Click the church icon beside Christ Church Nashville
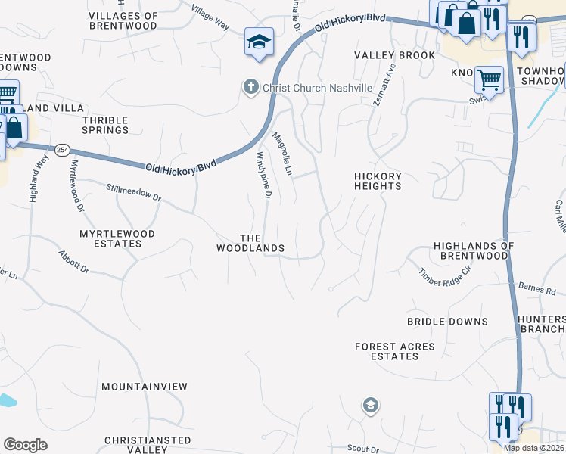click(x=250, y=88)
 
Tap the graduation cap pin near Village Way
click(x=258, y=42)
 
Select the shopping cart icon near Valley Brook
click(x=489, y=79)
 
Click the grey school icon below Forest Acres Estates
click(x=369, y=404)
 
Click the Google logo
click(x=25, y=444)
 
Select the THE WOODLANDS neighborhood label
click(x=250, y=243)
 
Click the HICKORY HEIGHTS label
click(x=378, y=181)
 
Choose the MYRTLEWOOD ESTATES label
click(x=117, y=239)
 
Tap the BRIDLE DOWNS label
click(x=447, y=322)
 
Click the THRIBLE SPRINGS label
click(x=105, y=125)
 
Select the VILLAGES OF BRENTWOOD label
click(x=123, y=20)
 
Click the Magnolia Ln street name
click(x=282, y=154)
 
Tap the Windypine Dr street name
click(x=263, y=175)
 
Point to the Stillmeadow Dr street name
click(x=134, y=193)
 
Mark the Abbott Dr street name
click(x=74, y=262)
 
